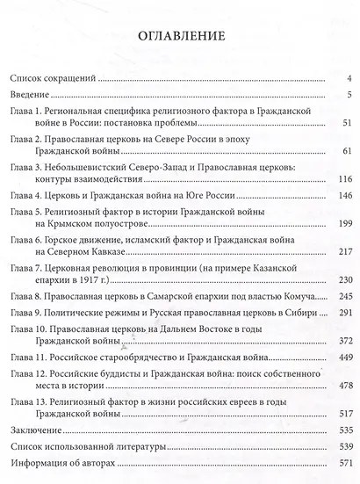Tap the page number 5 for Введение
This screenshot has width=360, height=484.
(x=349, y=94)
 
